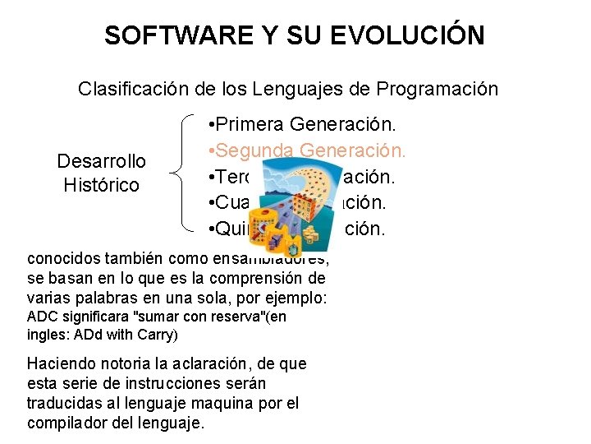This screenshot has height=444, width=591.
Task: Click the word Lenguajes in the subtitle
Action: tap(295, 89)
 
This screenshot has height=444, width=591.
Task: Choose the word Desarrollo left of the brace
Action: tap(102, 161)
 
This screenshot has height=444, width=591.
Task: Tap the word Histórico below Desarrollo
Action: tap(102, 185)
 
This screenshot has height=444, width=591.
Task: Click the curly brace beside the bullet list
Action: tap(181, 173)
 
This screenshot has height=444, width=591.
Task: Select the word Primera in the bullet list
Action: tap(251, 125)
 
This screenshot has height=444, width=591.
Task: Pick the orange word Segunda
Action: tap(254, 150)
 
